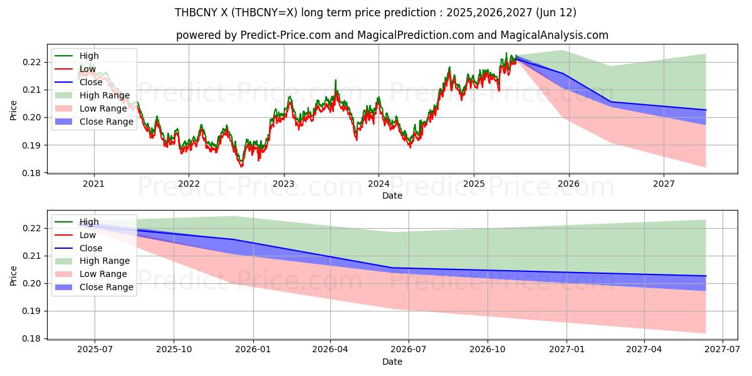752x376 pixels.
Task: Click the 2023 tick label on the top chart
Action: point(283,184)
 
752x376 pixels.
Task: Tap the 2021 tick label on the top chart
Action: point(94,184)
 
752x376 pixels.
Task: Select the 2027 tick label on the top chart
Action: point(664,184)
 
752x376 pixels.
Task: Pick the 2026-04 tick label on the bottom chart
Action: point(330,350)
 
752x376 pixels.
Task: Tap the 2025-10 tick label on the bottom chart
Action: point(174,350)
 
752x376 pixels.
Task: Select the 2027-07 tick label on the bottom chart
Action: point(723,350)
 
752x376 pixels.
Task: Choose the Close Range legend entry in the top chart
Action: point(107,122)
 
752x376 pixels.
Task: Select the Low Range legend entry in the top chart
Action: point(103,108)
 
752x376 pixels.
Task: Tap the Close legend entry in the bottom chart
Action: point(91,248)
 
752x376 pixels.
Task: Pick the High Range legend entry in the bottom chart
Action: point(105,261)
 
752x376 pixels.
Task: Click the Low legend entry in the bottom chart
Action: point(88,235)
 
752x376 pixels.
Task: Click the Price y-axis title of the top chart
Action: point(13,110)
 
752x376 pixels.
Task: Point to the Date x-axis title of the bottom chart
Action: point(392,362)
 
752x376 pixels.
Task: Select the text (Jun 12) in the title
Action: point(555,13)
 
